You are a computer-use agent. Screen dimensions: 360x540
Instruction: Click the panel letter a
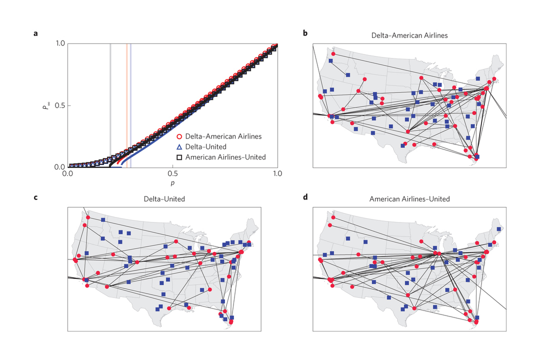click(35, 34)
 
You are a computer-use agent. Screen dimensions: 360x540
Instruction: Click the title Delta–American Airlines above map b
click(409, 35)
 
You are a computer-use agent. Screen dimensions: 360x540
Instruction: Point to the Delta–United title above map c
click(164, 199)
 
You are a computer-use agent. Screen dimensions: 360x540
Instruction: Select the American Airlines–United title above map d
click(409, 199)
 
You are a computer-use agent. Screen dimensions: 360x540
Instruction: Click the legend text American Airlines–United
click(225, 157)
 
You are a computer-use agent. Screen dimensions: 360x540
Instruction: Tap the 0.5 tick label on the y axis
click(58, 105)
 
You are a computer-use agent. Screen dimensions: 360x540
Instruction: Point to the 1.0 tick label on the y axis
click(58, 43)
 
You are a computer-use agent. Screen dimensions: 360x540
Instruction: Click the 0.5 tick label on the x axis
click(172, 174)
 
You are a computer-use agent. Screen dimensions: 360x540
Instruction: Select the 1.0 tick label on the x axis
click(277, 174)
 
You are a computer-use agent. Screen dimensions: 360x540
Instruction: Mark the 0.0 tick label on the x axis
click(68, 174)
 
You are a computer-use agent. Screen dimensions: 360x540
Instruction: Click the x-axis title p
click(172, 183)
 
